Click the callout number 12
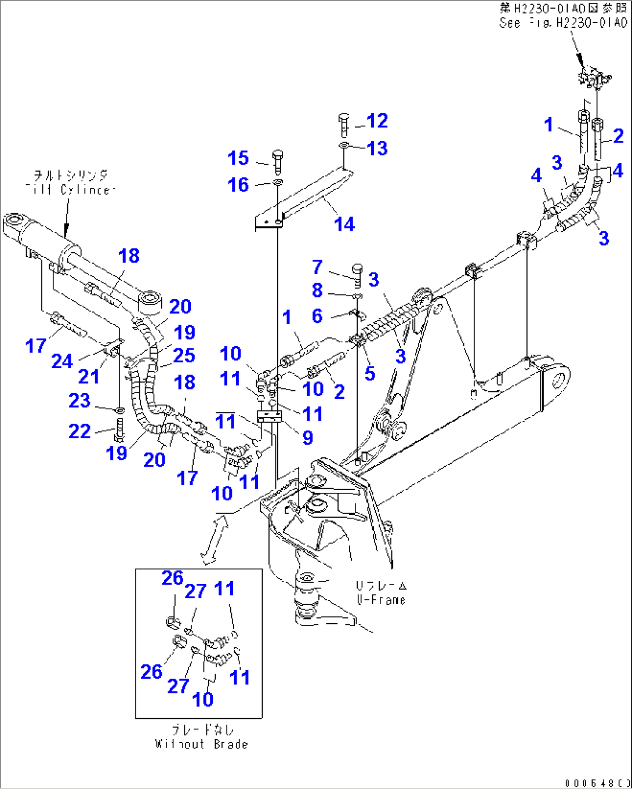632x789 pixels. click(377, 121)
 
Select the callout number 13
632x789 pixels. click(377, 148)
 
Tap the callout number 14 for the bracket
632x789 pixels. click(344, 224)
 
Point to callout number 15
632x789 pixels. click(238, 158)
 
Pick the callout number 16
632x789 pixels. click(238, 185)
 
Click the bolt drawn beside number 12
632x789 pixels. click(343, 123)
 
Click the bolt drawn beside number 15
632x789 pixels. click(277, 161)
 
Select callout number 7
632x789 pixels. click(317, 267)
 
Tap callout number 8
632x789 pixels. click(317, 290)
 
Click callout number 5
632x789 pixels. click(370, 373)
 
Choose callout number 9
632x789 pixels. click(307, 438)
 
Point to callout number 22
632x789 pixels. click(79, 431)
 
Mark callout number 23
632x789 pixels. click(79, 401)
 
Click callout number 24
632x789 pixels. click(62, 361)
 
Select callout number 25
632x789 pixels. click(184, 355)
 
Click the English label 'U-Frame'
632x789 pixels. click(381, 600)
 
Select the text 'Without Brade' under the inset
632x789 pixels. click(201, 744)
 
